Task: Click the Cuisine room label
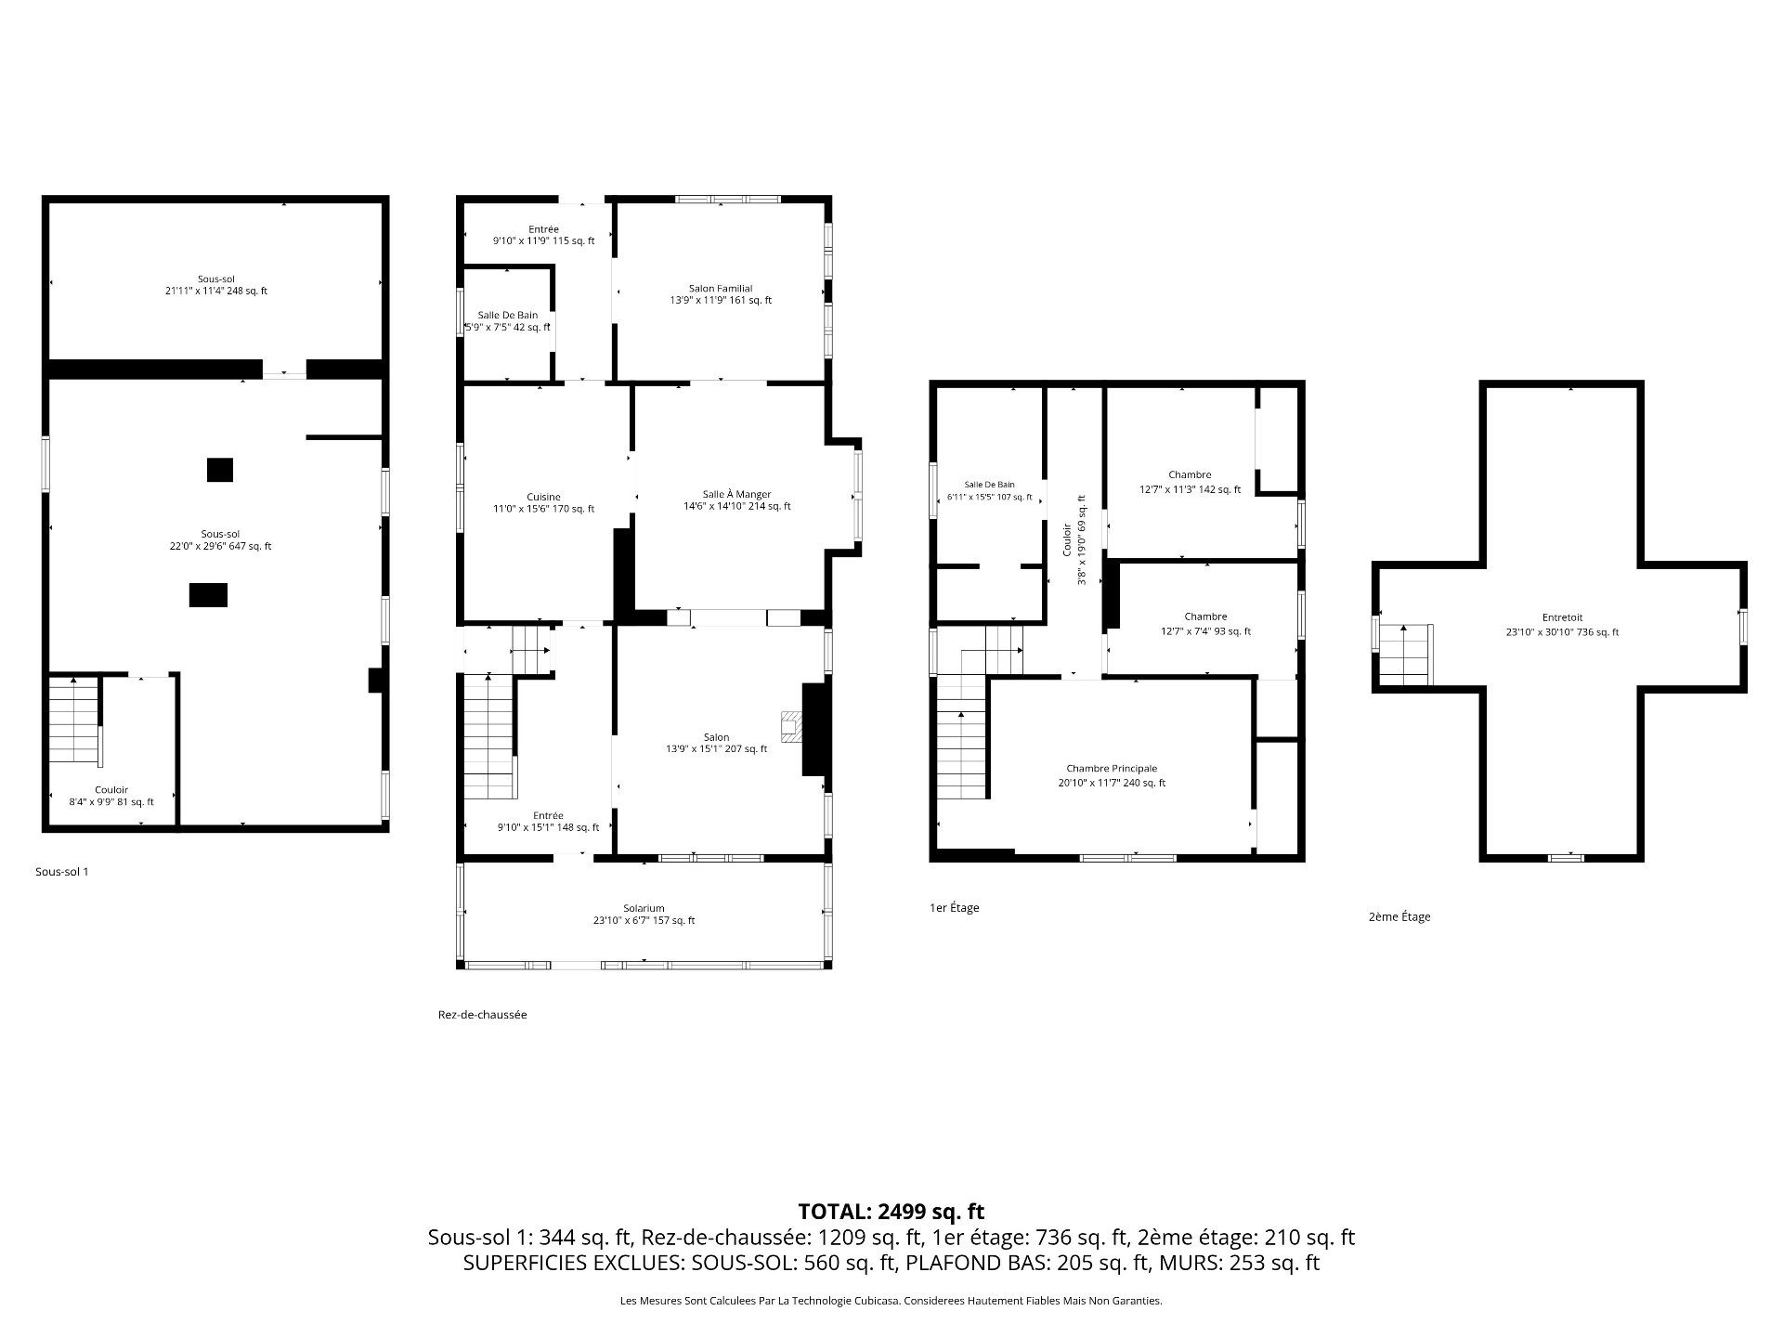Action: [x=543, y=503]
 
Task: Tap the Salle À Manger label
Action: [x=736, y=500]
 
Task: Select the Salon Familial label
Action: [x=721, y=294]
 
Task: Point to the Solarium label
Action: [x=644, y=915]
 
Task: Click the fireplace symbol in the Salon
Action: [x=791, y=727]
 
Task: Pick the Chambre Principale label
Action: [x=1112, y=775]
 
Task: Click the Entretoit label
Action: [x=1562, y=625]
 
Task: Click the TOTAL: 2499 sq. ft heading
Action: [x=891, y=1212]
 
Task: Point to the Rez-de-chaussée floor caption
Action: [x=482, y=1015]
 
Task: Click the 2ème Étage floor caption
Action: [x=1399, y=916]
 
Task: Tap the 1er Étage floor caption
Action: [x=955, y=908]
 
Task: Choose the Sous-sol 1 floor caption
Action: [x=61, y=872]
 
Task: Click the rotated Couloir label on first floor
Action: [x=1074, y=539]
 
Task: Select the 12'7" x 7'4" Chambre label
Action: [x=1205, y=624]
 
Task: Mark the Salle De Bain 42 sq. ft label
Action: [x=507, y=321]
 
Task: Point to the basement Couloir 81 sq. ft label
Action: [x=111, y=796]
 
